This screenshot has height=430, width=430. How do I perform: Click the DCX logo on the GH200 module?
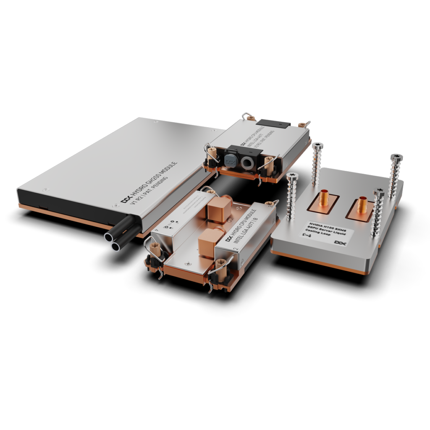[124, 200]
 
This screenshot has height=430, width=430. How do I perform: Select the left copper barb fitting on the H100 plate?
[324, 198]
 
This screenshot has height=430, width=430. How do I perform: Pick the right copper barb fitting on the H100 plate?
[362, 206]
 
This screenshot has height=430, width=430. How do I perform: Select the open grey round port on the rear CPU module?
[247, 163]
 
